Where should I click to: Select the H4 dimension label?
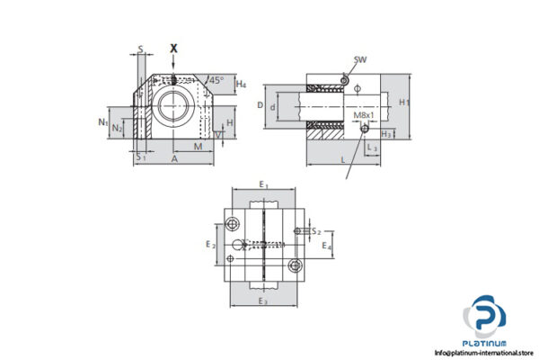(x=241, y=85)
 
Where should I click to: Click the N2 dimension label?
(x=117, y=129)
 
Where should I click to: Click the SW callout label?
(x=360, y=60)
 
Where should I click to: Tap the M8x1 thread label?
(x=365, y=115)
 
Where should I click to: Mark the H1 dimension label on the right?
(x=405, y=102)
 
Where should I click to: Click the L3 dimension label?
(x=372, y=146)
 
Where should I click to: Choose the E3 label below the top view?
(x=263, y=301)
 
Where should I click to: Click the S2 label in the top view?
(x=315, y=231)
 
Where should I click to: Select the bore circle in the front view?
(x=173, y=104)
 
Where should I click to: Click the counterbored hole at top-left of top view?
(x=234, y=222)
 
